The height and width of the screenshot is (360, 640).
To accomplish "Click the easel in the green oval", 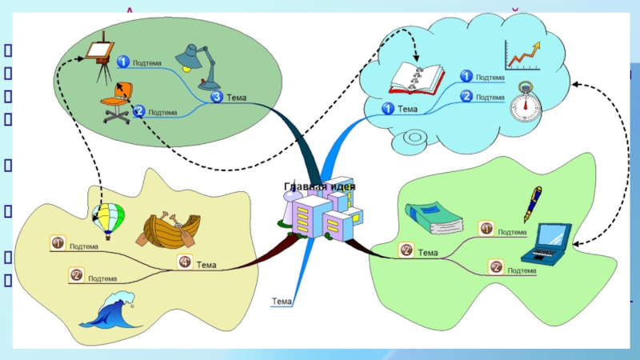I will tap(101, 57).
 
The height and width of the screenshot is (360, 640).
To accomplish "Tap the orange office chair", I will tap(117, 103).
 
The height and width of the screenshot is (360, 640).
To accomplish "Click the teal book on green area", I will tap(433, 217).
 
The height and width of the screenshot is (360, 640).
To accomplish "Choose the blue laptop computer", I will tap(547, 243).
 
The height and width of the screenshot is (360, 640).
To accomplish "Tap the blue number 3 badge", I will tap(217, 97).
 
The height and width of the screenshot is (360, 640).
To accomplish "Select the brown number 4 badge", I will tap(185, 262).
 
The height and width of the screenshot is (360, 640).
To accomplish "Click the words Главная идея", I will tap(320, 186).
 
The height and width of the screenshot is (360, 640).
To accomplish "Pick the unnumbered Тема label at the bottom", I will tap(282, 302).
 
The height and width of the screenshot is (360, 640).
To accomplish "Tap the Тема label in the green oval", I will tap(236, 98).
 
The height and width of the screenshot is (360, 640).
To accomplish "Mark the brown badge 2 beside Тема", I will tap(406, 251).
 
